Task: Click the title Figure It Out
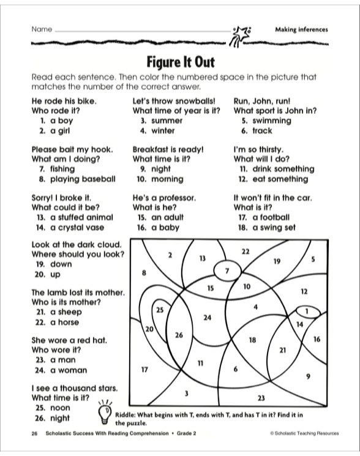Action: click(180, 62)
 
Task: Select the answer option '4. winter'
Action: click(154, 130)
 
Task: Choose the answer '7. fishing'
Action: click(56, 169)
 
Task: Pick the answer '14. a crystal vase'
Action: click(70, 226)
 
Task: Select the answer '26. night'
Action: click(54, 418)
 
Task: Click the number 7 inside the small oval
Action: click(227, 270)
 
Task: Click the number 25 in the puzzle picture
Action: click(159, 310)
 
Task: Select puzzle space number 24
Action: click(207, 318)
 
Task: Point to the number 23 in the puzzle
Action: click(261, 397)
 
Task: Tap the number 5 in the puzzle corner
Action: click(313, 259)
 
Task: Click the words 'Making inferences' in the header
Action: click(301, 29)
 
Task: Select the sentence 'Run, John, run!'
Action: click(262, 100)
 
